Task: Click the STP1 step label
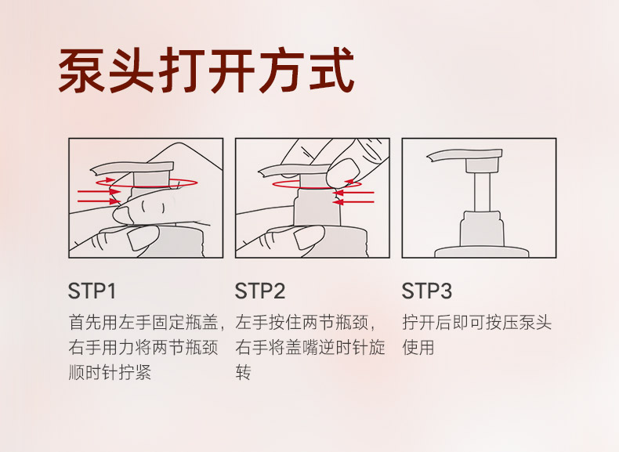[x=92, y=291]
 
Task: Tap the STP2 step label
[x=260, y=291]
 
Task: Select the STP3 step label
[x=427, y=291]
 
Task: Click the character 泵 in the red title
[x=81, y=71]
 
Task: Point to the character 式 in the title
[x=331, y=71]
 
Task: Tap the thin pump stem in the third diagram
[x=483, y=192]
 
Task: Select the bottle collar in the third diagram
[x=482, y=229]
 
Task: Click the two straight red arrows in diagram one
[x=99, y=197]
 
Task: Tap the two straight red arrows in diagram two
[x=353, y=197]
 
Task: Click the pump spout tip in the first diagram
[x=93, y=171]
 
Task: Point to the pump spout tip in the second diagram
[x=262, y=173]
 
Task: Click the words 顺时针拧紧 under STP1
[x=110, y=372]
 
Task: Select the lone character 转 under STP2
[x=243, y=372]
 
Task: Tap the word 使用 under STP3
[x=418, y=347]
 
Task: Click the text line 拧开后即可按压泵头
[x=477, y=323]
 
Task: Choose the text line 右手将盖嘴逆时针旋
[x=310, y=347]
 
